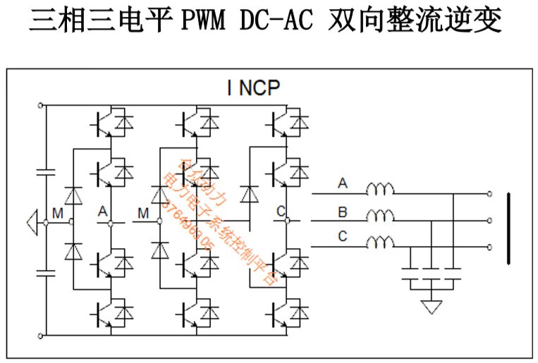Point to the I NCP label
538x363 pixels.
[253, 88]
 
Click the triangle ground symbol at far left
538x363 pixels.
[31, 222]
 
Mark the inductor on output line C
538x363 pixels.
[380, 242]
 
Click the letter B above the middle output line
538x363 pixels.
[343, 210]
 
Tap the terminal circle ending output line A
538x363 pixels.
[489, 193]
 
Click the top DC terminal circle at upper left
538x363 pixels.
[40, 105]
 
